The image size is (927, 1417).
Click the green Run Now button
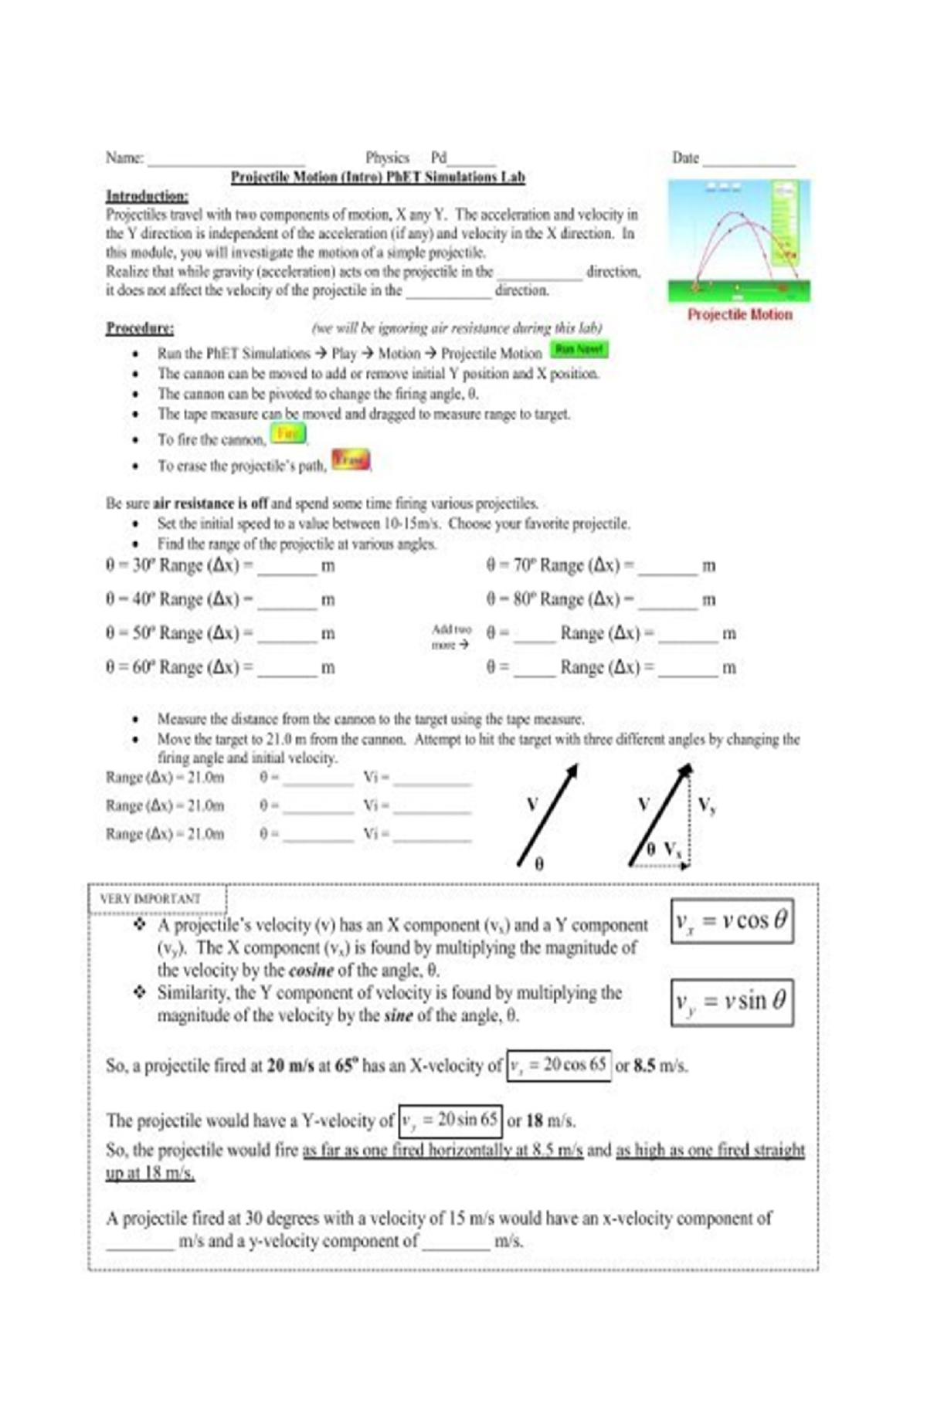click(x=579, y=350)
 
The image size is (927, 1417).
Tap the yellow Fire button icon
click(x=287, y=434)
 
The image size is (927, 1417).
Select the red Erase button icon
click(x=350, y=460)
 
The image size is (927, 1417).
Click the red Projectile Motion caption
click(x=739, y=314)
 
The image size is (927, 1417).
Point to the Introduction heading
click(x=147, y=195)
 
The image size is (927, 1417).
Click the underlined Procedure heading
click(x=140, y=328)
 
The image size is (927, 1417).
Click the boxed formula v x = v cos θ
click(x=732, y=920)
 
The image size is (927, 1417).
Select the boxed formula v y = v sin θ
click(x=732, y=1002)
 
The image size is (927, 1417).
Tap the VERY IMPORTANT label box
click(x=157, y=899)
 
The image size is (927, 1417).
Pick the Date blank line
click(x=748, y=161)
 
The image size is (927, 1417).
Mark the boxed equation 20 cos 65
click(x=559, y=1066)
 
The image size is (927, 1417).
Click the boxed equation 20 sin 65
click(x=450, y=1120)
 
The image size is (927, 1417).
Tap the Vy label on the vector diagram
click(x=706, y=805)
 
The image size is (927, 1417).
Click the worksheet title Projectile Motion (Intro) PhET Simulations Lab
click(x=378, y=178)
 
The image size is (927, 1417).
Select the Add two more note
click(x=450, y=637)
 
